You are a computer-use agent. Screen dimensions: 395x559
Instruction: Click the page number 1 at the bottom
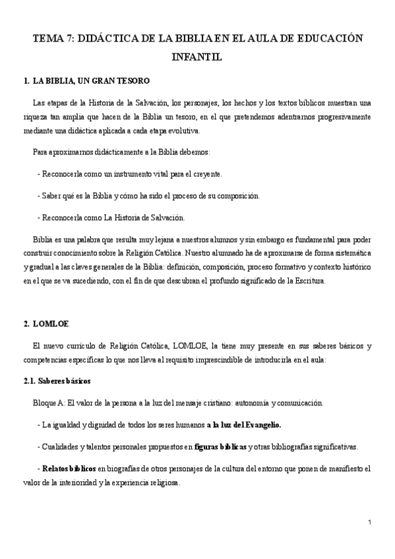click(x=371, y=523)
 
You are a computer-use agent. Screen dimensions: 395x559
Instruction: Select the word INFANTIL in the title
click(x=197, y=57)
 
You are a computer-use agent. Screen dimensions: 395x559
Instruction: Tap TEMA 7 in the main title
click(x=52, y=40)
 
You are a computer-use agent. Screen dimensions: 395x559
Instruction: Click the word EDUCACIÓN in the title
click(x=327, y=40)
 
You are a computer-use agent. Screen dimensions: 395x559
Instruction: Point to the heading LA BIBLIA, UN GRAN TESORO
click(x=92, y=81)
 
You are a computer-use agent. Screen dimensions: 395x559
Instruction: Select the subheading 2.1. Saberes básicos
click(x=59, y=381)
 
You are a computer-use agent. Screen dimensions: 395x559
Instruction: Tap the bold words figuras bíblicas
click(x=221, y=447)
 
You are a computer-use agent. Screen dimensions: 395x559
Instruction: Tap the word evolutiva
click(x=181, y=131)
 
